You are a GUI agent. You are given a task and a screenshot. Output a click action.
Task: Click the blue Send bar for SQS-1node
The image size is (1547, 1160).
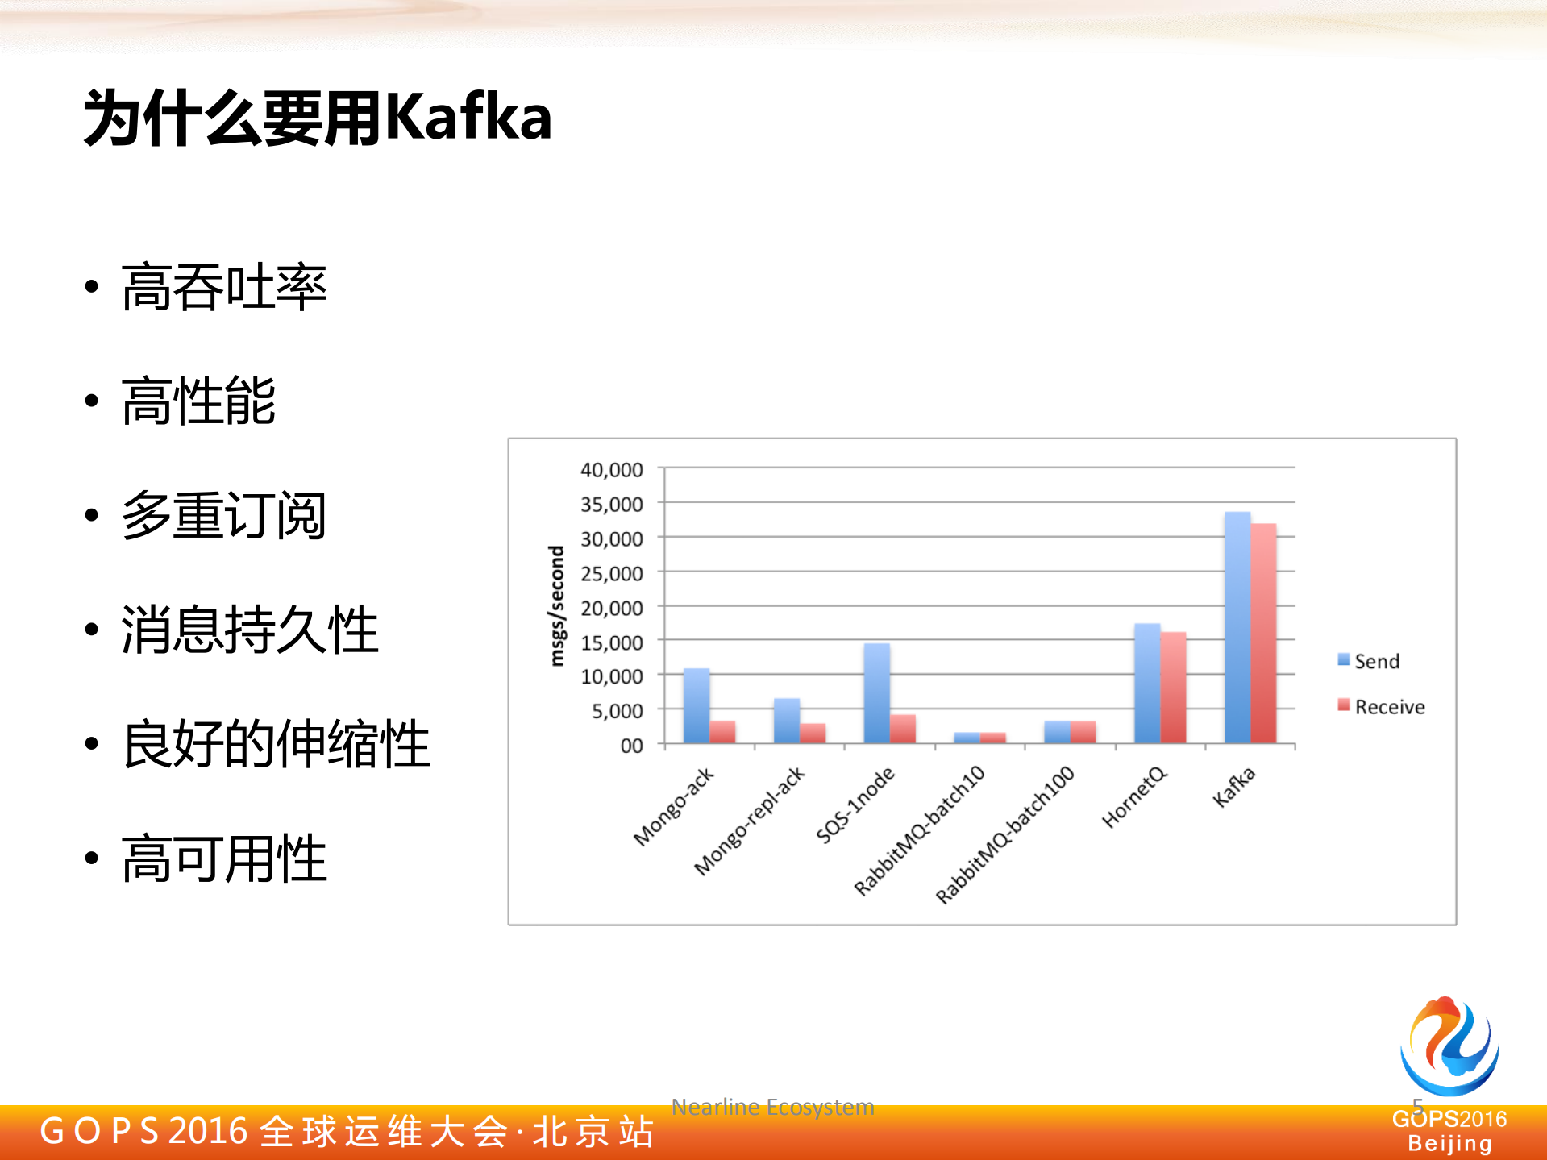[x=876, y=692]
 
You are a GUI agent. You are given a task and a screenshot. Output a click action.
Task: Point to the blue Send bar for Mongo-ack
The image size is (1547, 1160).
[x=697, y=705]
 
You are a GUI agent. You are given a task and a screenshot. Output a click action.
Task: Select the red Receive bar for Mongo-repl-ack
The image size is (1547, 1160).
[x=813, y=733]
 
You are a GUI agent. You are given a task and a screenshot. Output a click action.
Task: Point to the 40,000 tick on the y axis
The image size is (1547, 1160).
[x=611, y=469]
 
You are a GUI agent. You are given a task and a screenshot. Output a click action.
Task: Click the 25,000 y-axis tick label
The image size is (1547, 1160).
[x=611, y=573]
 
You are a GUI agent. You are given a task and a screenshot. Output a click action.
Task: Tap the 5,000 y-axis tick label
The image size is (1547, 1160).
[x=617, y=711]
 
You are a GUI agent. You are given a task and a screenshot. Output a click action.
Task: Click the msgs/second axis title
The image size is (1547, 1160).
[x=556, y=605]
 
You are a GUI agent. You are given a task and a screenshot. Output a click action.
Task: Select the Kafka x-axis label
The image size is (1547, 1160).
[x=1234, y=787]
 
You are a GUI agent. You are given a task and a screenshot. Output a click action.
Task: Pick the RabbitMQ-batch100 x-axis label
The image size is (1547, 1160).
[x=1005, y=834]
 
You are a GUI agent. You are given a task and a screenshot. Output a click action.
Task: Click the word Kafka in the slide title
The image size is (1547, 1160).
[x=468, y=118]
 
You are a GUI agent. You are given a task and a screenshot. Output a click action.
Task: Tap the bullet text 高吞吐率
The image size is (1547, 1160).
[x=224, y=287]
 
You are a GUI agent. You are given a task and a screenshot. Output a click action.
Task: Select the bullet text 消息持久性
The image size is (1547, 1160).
[x=250, y=630]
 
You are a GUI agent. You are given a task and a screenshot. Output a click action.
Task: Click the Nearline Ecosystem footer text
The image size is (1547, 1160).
[x=772, y=1107]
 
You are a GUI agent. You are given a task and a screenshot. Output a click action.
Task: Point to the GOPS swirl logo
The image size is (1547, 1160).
[x=1449, y=1046]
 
